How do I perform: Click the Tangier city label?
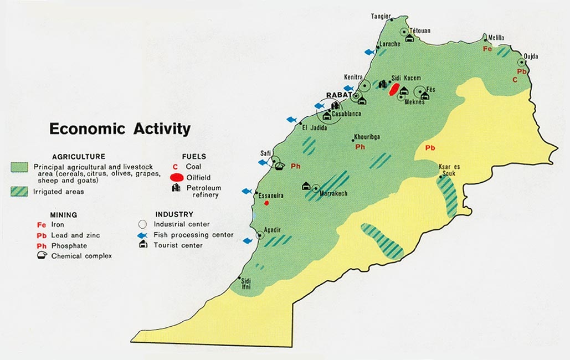click(x=381, y=16)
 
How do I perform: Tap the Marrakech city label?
click(x=334, y=193)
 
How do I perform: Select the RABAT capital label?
click(x=339, y=95)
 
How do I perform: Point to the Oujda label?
click(x=531, y=56)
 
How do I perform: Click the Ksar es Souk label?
click(x=449, y=169)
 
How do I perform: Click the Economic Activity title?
click(x=120, y=129)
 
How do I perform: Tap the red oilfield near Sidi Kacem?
click(x=394, y=89)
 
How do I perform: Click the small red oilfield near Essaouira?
click(x=266, y=203)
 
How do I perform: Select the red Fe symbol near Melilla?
click(x=487, y=49)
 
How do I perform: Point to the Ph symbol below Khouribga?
click(x=360, y=147)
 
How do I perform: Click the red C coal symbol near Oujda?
click(x=515, y=80)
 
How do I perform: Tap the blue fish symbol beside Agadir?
click(x=247, y=240)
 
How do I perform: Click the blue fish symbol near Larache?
click(x=369, y=52)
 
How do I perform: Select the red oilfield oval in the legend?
click(x=177, y=177)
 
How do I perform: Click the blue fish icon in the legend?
click(x=142, y=235)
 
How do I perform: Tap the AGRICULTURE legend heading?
click(x=79, y=157)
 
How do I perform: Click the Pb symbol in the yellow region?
click(x=430, y=148)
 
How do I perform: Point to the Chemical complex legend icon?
click(x=42, y=256)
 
